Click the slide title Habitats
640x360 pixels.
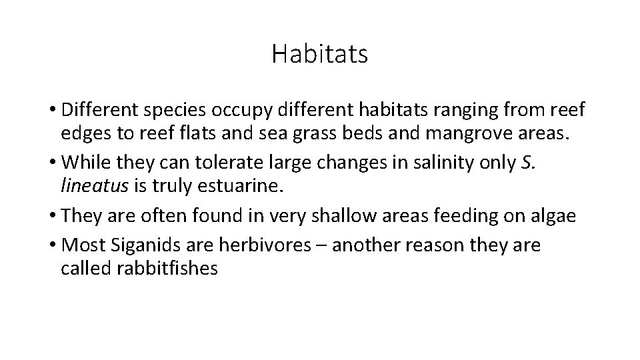pos(319,54)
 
